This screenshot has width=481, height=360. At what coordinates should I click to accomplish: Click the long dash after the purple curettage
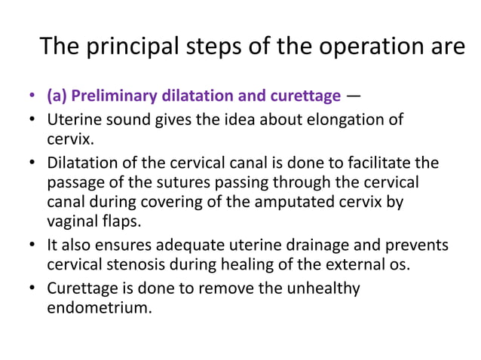point(354,96)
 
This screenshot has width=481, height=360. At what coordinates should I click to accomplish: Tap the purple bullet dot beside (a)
point(32,97)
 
